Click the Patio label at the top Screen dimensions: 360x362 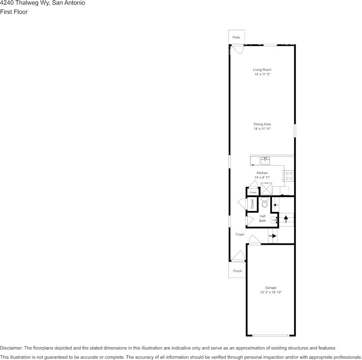(x=237, y=37)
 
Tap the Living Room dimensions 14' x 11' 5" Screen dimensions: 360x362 (x=262, y=75)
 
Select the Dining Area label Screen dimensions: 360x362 (x=262, y=124)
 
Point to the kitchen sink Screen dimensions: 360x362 (x=265, y=160)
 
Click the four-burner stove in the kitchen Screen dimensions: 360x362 (x=289, y=175)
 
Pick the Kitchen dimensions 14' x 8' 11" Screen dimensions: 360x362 (x=262, y=178)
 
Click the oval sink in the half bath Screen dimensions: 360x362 (x=274, y=220)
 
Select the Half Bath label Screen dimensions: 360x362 (x=263, y=218)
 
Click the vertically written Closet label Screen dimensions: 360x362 (x=252, y=204)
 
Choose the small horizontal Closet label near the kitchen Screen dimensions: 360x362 (x=253, y=193)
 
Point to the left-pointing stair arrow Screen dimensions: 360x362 (x=275, y=205)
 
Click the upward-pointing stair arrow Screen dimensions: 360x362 (x=286, y=220)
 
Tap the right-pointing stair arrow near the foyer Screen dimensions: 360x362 (x=273, y=236)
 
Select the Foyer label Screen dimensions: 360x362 (x=240, y=234)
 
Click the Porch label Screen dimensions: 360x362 (x=237, y=271)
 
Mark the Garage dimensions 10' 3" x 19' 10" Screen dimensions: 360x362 (x=271, y=292)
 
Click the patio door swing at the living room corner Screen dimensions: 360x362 (x=238, y=49)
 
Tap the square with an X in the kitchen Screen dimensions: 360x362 (x=266, y=189)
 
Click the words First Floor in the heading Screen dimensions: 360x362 (x=14, y=12)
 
